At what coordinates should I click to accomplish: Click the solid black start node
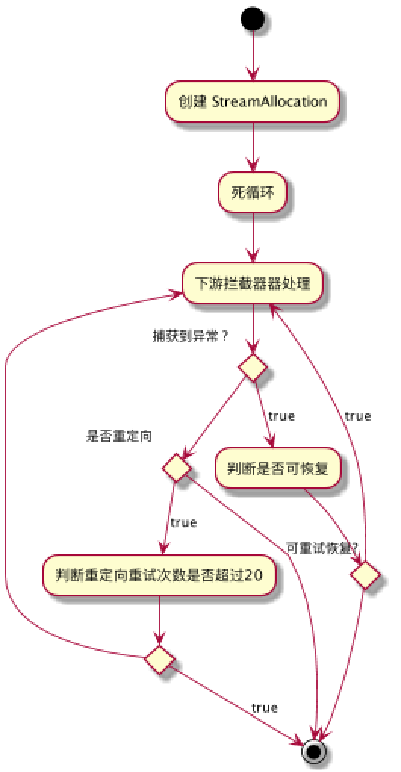tap(253, 19)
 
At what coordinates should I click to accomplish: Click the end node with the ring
tap(315, 751)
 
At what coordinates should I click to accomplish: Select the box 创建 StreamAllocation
tap(253, 101)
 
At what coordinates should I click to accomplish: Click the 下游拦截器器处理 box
tap(253, 284)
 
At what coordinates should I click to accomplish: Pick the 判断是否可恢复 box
tap(279, 468)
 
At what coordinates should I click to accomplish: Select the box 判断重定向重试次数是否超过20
tap(159, 577)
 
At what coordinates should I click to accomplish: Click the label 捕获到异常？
tap(191, 334)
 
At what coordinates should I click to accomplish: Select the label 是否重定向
tap(120, 436)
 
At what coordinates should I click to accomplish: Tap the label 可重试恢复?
tap(322, 546)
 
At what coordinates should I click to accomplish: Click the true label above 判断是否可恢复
tap(281, 416)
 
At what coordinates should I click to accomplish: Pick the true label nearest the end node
tap(263, 708)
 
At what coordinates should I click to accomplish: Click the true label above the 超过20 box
tap(183, 522)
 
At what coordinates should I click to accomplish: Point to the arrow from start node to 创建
tap(253, 57)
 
